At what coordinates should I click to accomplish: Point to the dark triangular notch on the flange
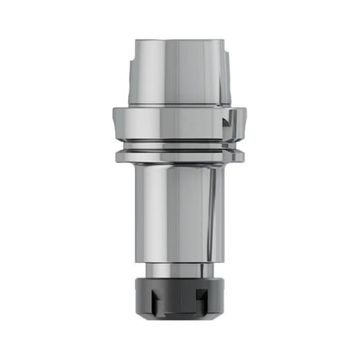(x=226, y=123)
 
